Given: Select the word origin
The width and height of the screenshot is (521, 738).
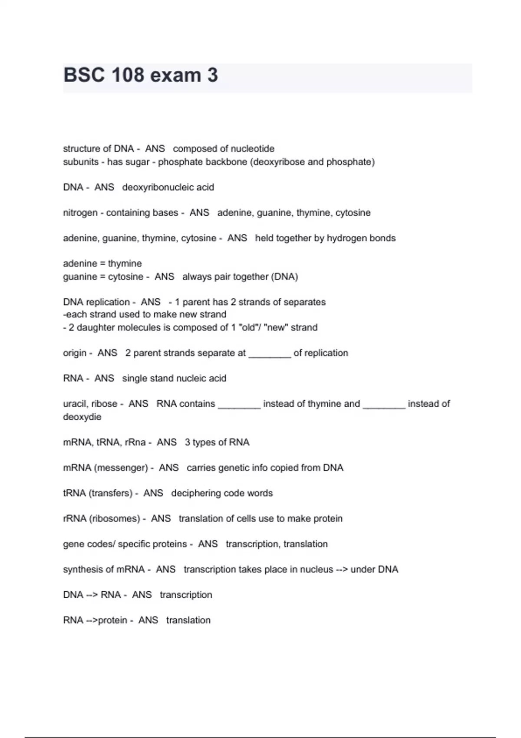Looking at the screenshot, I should click(x=75, y=353).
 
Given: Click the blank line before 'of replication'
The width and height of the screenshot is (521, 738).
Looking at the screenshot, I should click(x=269, y=355).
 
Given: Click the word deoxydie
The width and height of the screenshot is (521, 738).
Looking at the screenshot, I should click(x=82, y=417).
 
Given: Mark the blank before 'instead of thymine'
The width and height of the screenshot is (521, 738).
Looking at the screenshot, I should click(x=239, y=406).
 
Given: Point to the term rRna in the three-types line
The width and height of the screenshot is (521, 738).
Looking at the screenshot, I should click(x=135, y=442).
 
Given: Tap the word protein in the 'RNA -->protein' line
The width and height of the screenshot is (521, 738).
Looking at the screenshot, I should click(x=112, y=620).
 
